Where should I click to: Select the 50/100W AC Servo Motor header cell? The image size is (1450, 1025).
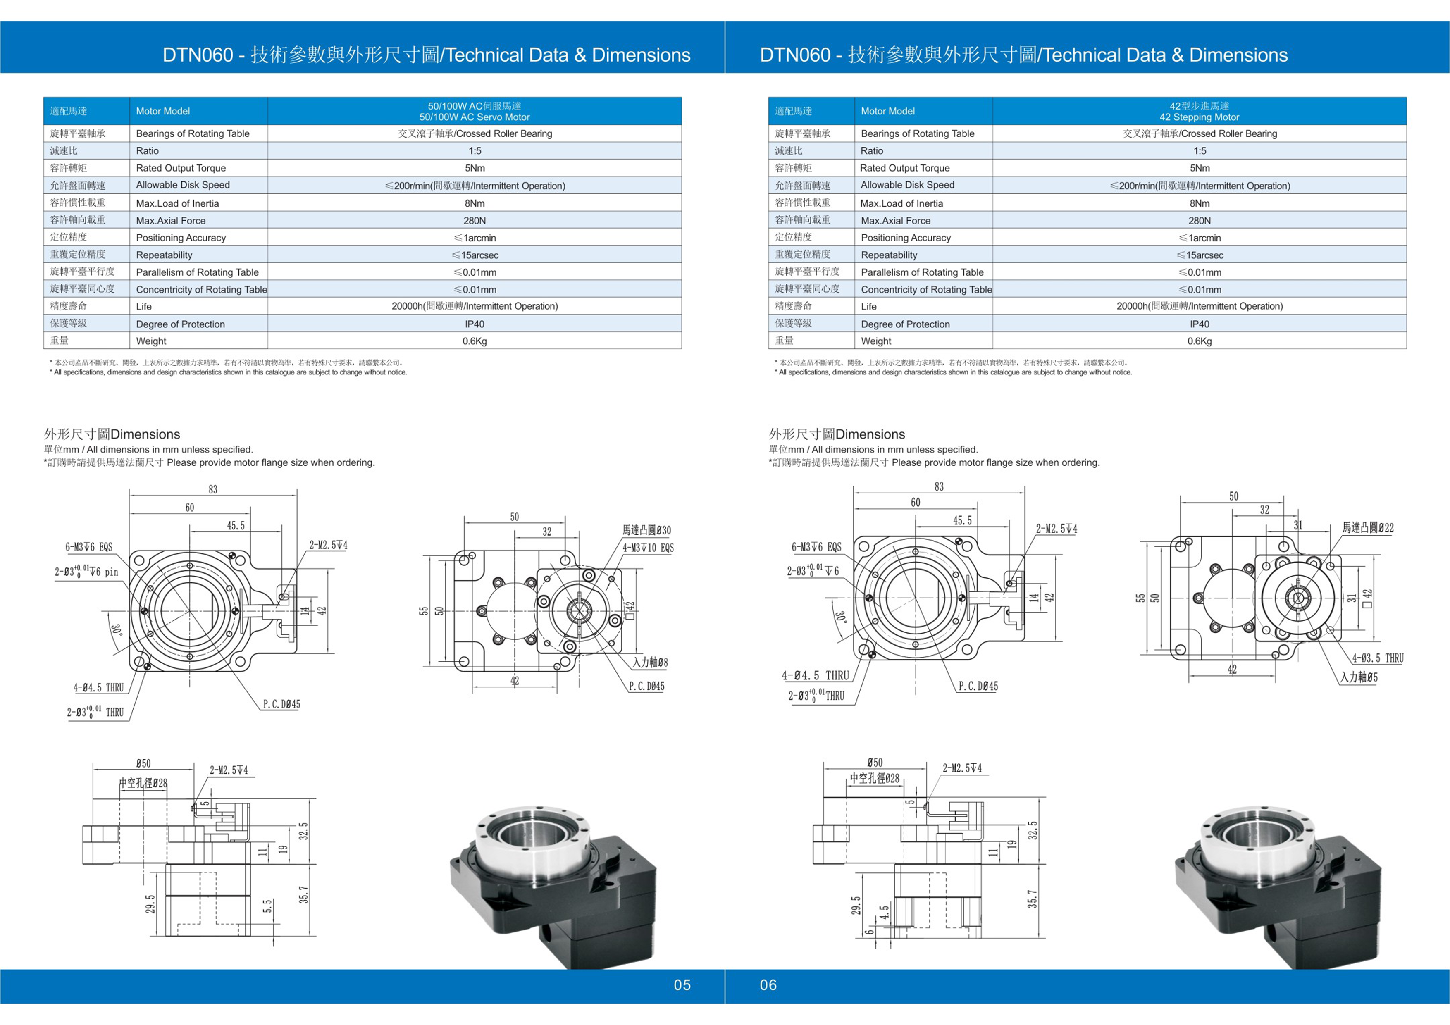pos(474,111)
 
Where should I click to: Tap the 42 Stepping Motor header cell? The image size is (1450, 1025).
pos(1199,111)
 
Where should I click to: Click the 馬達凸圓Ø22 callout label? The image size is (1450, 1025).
pos(1367,527)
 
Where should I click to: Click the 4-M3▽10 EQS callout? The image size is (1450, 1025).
pos(648,548)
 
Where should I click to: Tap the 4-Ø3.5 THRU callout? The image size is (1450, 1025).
pos(1377,658)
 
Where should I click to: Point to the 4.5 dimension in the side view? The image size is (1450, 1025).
pos(884,911)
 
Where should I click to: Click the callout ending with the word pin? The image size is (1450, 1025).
pos(86,572)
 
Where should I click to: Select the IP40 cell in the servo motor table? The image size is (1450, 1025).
pos(474,324)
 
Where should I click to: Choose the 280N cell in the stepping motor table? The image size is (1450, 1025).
pos(1199,220)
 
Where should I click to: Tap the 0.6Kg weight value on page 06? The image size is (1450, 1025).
pos(1199,341)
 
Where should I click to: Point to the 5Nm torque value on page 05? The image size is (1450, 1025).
pos(474,168)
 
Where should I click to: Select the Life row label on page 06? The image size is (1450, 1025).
pos(868,306)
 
